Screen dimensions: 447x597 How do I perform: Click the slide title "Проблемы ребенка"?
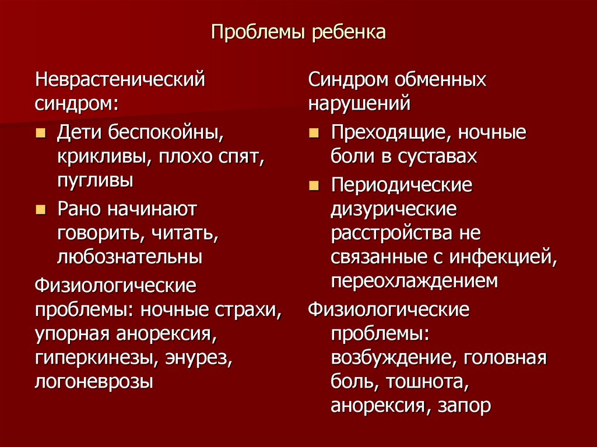[298, 32]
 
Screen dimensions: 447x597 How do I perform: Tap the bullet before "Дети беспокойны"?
[40, 133]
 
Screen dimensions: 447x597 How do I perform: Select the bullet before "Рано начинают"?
[40, 209]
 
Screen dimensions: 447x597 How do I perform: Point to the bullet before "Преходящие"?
[314, 133]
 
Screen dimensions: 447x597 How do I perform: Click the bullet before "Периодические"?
[314, 186]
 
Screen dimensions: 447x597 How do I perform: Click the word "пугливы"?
[94, 180]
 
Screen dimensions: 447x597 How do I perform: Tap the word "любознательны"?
[129, 256]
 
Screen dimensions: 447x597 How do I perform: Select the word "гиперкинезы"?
[92, 358]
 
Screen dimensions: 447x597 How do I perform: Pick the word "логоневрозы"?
[94, 382]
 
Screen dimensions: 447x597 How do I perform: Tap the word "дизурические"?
[394, 209]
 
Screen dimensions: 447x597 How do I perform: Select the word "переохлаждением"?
[415, 281]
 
